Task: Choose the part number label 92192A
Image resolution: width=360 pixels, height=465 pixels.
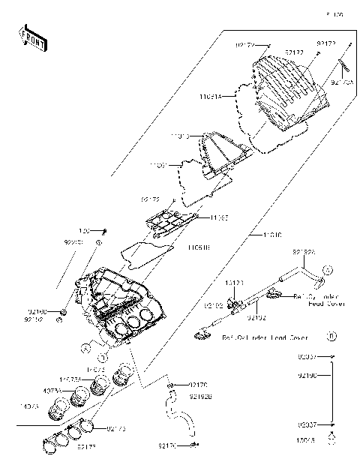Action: coord(304,253)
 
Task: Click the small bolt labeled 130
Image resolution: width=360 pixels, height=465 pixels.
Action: coord(105,230)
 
